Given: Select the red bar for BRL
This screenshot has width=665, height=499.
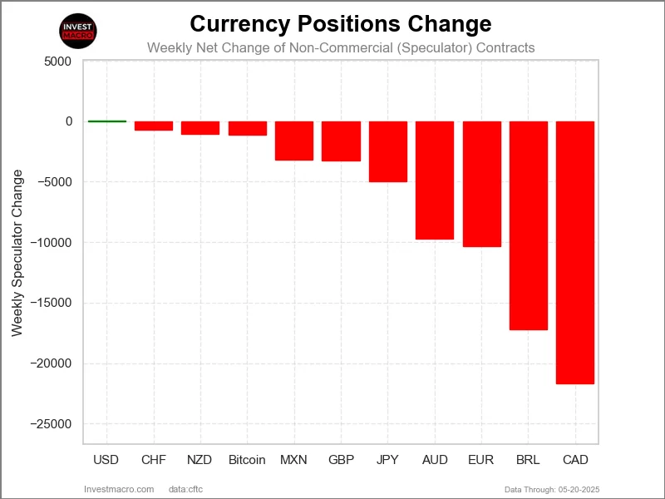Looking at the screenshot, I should [528, 225].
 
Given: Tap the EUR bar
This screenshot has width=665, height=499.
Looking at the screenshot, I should [481, 184].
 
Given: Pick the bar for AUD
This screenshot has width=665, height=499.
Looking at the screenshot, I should [435, 180].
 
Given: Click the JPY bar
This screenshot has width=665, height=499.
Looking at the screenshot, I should [388, 151].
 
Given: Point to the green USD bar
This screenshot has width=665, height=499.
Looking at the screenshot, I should [107, 121].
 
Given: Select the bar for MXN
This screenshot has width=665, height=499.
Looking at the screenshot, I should [294, 141].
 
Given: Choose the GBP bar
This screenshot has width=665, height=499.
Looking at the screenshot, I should [341, 141].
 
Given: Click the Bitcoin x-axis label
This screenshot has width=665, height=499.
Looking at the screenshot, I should [247, 460].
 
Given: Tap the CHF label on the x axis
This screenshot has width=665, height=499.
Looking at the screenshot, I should [154, 460].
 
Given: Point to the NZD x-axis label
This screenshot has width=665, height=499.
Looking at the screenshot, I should [200, 460].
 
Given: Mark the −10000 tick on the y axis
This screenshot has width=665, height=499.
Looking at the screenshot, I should [52, 243].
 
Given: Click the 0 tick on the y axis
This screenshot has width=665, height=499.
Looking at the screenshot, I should [68, 121].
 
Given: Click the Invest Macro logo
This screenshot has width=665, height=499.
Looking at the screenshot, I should [79, 31].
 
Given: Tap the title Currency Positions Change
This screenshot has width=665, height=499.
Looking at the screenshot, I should [341, 22].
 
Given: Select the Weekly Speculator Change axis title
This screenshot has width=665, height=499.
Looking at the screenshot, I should [17, 254].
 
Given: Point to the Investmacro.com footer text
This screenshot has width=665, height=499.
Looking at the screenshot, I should [119, 489].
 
